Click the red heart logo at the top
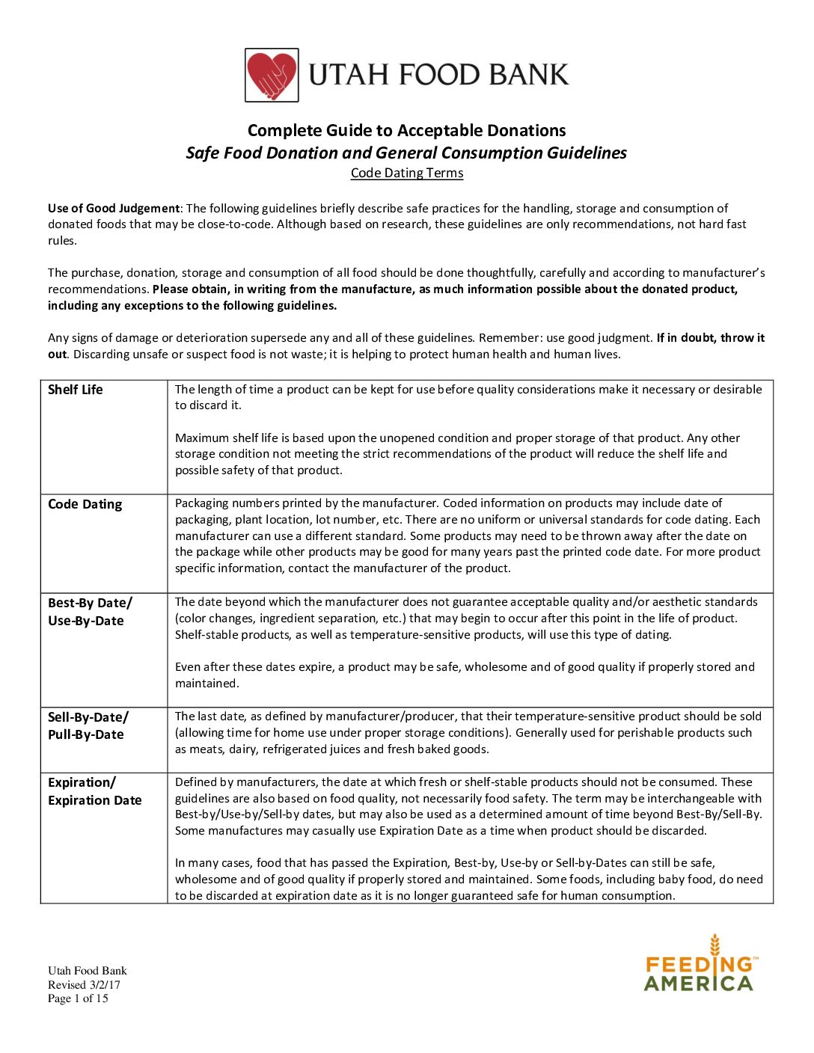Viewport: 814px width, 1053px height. pyautogui.click(x=272, y=75)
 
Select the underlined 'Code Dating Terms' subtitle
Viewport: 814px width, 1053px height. pyautogui.click(x=407, y=173)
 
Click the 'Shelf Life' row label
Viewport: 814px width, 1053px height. pyautogui.click(x=76, y=390)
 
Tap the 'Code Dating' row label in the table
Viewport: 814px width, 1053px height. pyautogui.click(x=85, y=504)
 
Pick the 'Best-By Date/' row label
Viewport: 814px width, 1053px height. pyautogui.click(x=90, y=603)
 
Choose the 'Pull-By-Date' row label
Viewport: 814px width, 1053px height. pyautogui.click(x=86, y=734)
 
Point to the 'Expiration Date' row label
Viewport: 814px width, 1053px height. pyautogui.click(x=95, y=800)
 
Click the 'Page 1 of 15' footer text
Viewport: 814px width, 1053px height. pyautogui.click(x=78, y=998)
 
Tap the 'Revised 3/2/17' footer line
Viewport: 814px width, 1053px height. pyautogui.click(x=84, y=985)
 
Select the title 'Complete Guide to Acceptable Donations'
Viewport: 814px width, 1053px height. pyautogui.click(x=406, y=130)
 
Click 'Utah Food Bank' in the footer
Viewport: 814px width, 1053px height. pyautogui.click(x=88, y=971)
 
